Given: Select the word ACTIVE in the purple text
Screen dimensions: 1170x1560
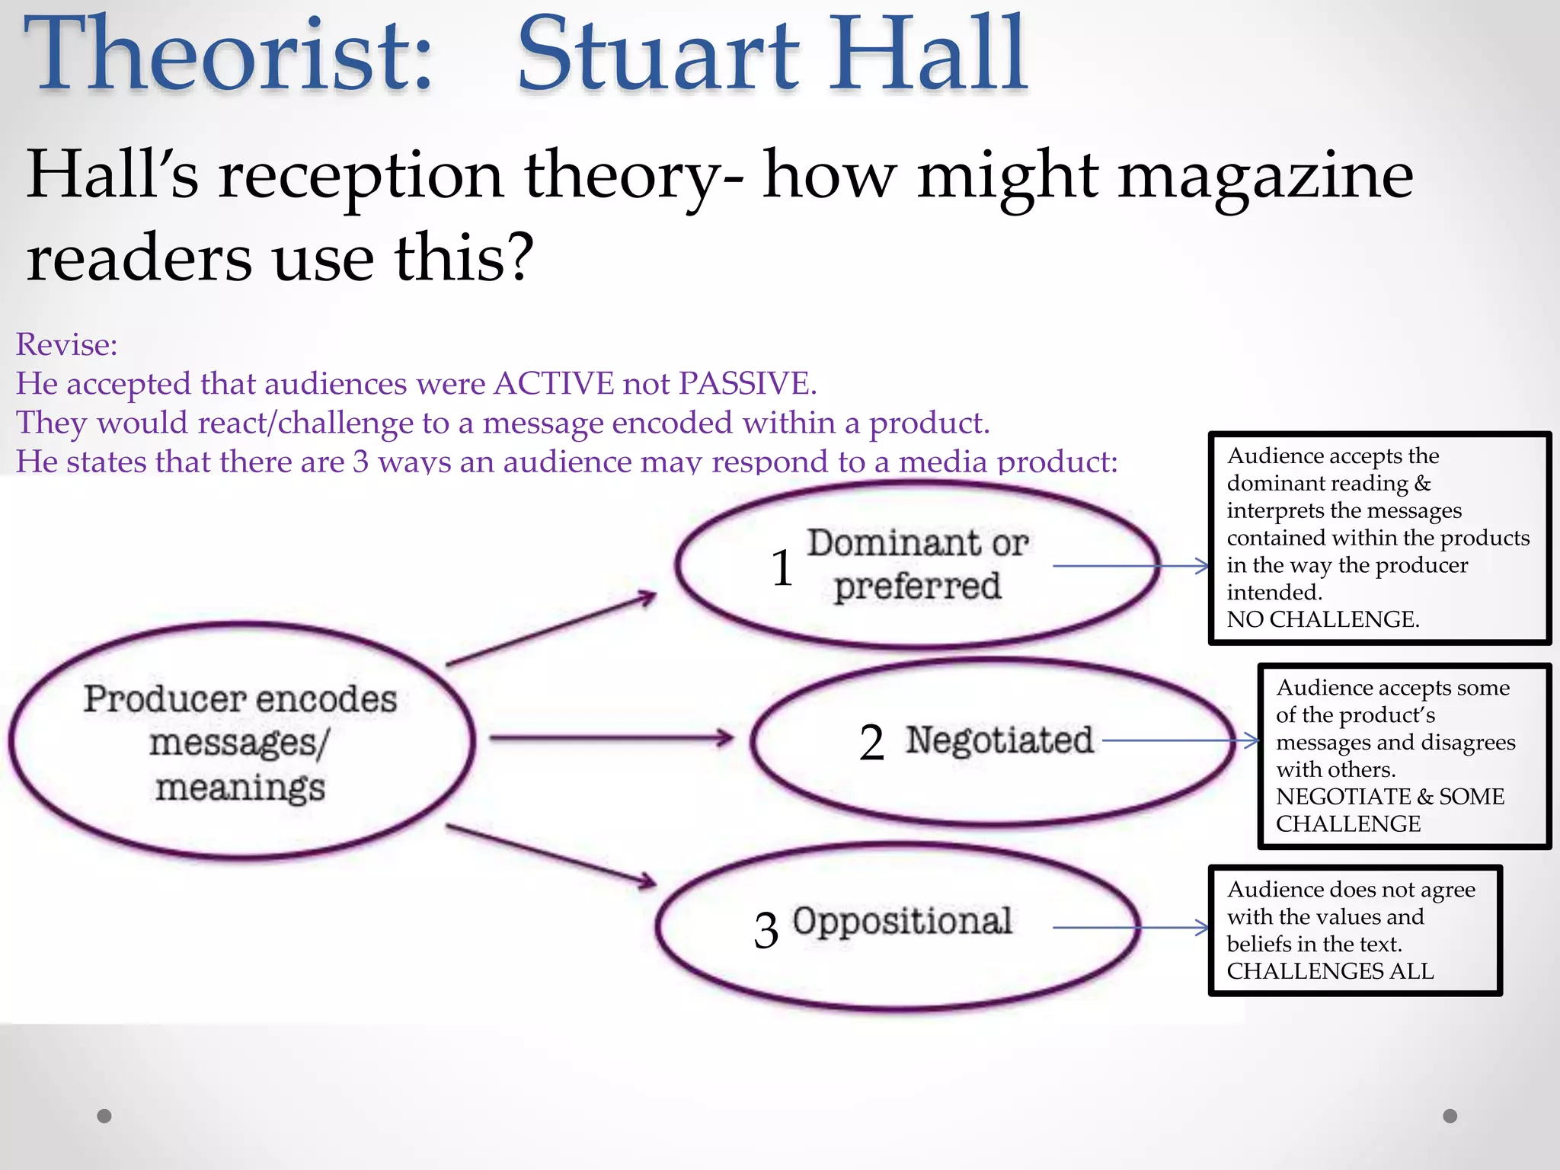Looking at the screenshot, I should tap(554, 383).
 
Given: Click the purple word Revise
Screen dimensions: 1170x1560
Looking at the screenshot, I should tap(66, 344).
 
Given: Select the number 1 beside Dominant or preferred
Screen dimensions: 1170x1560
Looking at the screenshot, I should tap(782, 568).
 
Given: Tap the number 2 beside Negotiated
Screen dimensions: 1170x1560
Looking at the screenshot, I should tap(871, 743).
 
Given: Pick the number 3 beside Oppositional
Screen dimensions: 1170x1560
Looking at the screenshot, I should tap(766, 931).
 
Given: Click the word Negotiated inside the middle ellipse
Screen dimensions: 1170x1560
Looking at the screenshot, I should tap(999, 740).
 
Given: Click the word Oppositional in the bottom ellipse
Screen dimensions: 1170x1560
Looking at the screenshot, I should tap(902, 921).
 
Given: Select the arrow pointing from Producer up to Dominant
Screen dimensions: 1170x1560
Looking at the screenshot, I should tap(551, 629).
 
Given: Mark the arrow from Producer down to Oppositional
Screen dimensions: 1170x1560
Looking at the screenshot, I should tap(551, 855).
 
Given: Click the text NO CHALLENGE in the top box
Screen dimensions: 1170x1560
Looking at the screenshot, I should tap(1322, 619).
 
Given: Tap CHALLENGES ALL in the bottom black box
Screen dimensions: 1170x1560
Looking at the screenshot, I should tap(1330, 971).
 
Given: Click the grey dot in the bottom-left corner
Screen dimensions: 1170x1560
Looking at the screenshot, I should tap(104, 1116).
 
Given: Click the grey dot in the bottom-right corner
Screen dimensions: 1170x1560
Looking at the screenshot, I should tap(1450, 1116).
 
